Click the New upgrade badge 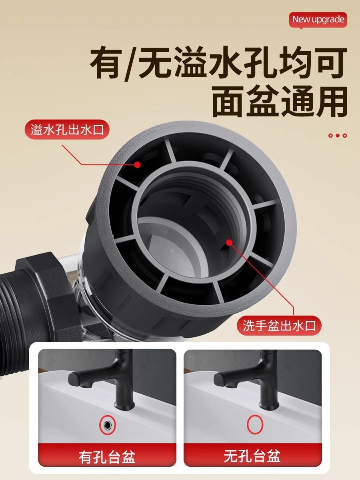pos(318,20)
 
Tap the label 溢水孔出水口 pos(67,130)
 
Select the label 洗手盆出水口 pos(279,326)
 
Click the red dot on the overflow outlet pos(137,164)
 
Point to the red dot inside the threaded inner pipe pos(229,242)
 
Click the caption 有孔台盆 pos(107,456)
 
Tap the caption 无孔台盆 pos(252,456)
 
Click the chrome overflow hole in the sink pos(107,424)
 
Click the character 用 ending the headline pos(330,103)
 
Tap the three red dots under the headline pos(337,136)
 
